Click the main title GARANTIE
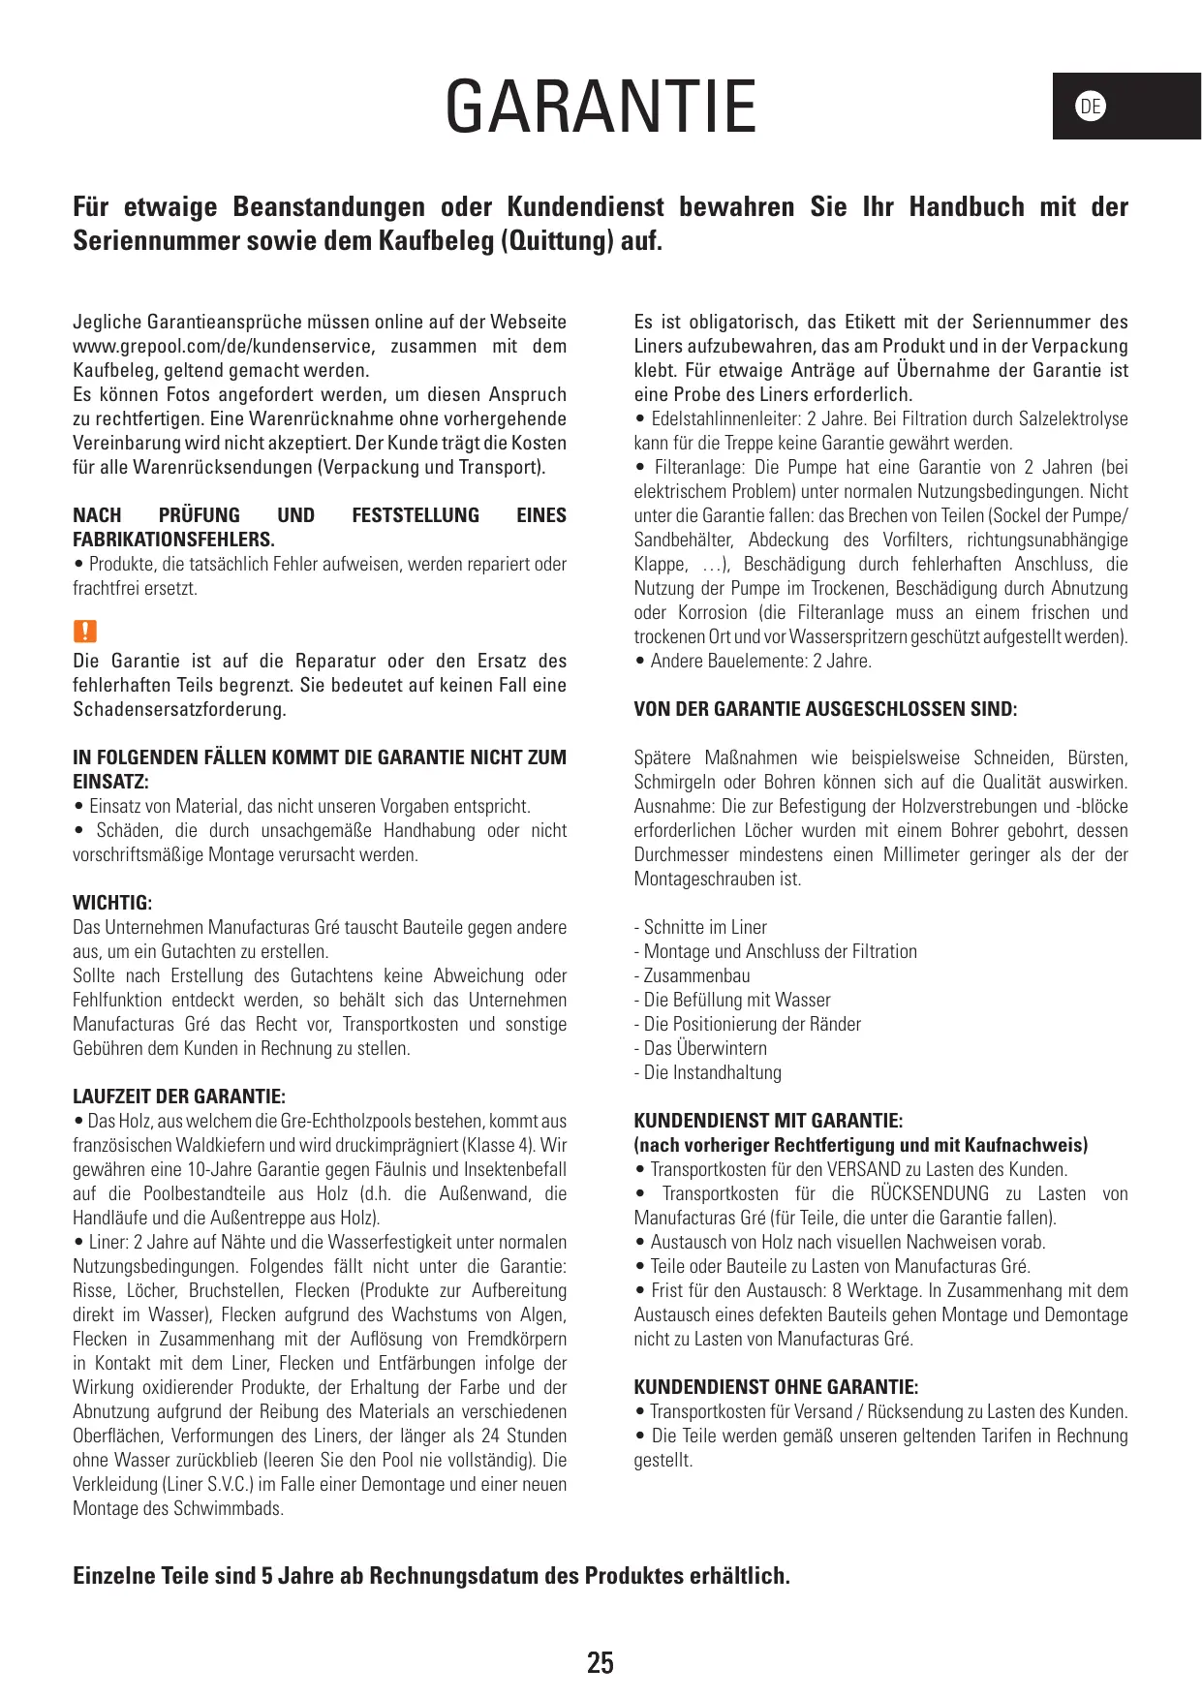601,107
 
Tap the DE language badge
1091,107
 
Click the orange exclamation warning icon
85,632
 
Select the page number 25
601,1663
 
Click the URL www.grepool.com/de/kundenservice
222,347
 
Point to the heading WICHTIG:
112,903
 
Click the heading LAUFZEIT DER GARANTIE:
179,1097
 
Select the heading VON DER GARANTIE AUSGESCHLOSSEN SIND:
825,709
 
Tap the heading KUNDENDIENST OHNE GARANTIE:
776,1387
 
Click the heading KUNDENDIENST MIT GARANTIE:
768,1121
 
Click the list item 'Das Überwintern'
704,1048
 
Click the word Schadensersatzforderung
179,709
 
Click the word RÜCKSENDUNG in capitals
929,1193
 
